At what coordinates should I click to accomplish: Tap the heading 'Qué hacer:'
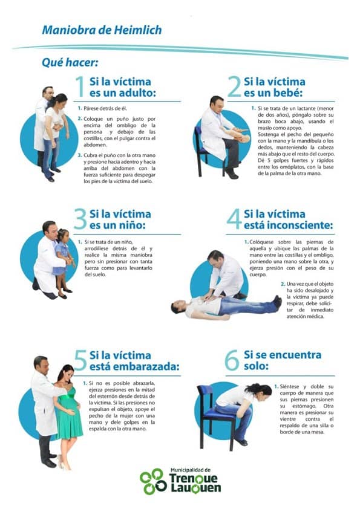click(x=70, y=62)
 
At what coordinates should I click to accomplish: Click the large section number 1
click(x=80, y=86)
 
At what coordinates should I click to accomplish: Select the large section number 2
click(x=234, y=86)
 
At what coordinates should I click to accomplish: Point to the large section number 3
click(x=80, y=219)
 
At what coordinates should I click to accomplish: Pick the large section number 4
click(x=234, y=219)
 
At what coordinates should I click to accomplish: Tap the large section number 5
click(x=80, y=360)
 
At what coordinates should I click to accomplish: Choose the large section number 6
click(x=232, y=360)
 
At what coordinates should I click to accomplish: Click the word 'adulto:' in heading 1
click(x=137, y=93)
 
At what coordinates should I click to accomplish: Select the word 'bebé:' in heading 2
click(x=287, y=93)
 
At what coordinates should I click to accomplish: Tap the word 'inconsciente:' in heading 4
click(x=289, y=225)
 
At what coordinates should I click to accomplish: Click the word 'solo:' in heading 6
click(x=257, y=366)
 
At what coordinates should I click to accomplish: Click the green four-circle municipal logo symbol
click(x=152, y=481)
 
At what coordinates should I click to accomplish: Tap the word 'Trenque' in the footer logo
click(x=194, y=479)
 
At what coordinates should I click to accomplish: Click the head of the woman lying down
click(x=178, y=307)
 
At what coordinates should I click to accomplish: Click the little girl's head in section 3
click(x=64, y=235)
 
